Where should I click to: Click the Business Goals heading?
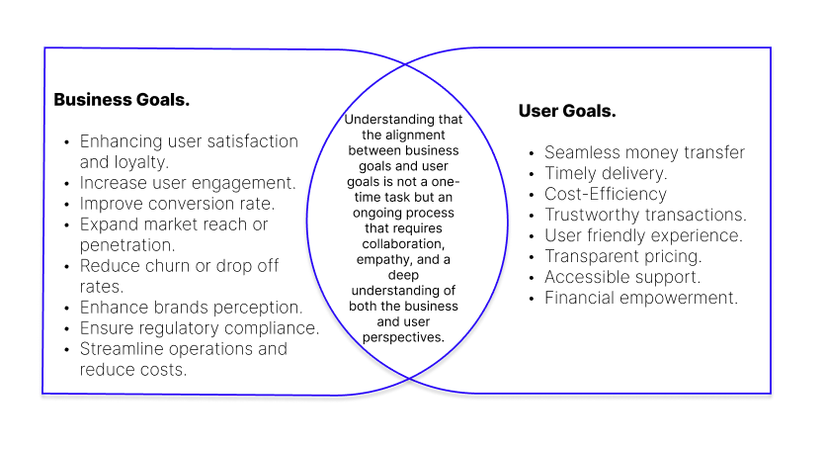(122, 100)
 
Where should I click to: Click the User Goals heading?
(567, 111)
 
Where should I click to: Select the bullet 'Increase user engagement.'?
(188, 183)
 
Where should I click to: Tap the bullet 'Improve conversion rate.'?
(177, 204)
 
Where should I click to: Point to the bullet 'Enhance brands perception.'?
(191, 308)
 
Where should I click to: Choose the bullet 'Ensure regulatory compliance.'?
(200, 328)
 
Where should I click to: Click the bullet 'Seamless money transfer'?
(644, 152)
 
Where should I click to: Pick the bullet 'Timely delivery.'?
(606, 173)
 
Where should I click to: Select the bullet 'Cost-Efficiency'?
(606, 194)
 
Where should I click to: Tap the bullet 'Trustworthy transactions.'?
(645, 215)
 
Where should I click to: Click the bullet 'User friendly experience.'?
(643, 235)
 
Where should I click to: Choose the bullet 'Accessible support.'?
(622, 277)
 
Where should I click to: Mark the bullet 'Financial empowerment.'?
(641, 298)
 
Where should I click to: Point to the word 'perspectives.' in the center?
(406, 337)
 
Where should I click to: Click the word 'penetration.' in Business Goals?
(127, 244)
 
